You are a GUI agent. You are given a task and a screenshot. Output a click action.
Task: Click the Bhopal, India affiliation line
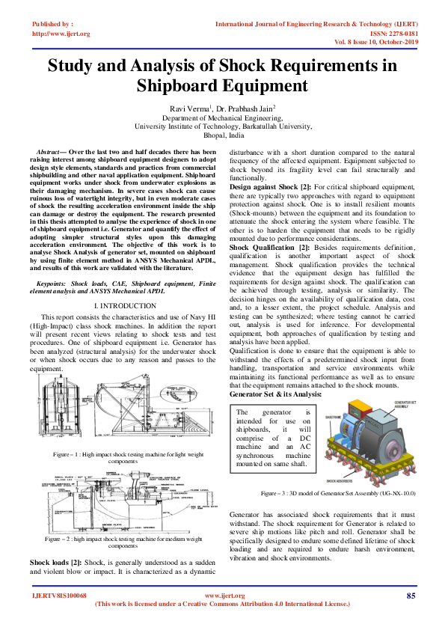[x=222, y=135]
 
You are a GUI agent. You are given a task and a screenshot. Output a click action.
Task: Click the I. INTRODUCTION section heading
[x=123, y=307]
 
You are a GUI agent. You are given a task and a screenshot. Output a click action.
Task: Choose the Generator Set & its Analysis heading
[x=276, y=393]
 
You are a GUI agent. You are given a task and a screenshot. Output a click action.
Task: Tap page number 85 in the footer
[x=411, y=596]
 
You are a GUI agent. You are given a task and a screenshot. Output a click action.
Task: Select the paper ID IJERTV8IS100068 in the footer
[x=59, y=596]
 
